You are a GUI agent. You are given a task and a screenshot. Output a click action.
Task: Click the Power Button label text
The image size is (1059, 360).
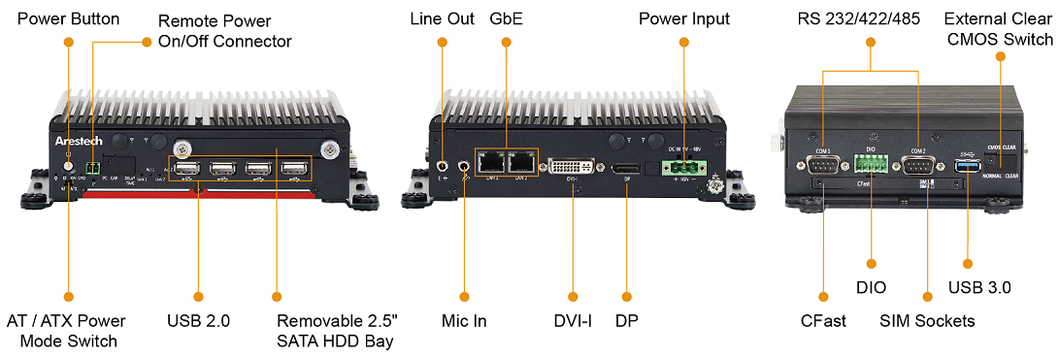coord(69,18)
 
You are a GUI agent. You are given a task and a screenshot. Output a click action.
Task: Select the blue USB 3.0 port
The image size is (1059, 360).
coord(967,167)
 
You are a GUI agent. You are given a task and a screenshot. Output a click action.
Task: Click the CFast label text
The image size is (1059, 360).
coord(822,320)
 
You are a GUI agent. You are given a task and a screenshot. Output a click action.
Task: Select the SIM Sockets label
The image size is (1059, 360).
coord(927,320)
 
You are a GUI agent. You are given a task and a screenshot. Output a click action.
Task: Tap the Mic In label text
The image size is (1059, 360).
coord(464,320)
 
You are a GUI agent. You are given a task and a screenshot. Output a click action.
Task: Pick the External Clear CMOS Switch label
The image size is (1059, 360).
coord(998,29)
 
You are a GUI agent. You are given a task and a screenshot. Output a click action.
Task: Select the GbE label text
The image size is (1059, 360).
coord(506,18)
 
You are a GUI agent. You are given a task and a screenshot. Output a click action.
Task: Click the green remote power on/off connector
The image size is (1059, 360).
coord(92,168)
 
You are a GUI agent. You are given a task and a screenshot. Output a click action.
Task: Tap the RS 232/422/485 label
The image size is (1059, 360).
coord(871,18)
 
